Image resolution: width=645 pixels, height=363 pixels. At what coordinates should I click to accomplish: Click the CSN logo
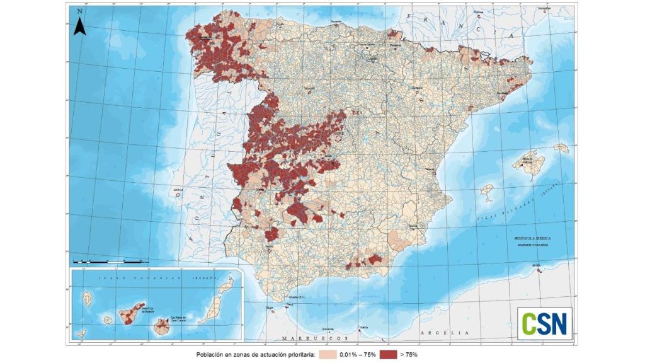coord(544,323)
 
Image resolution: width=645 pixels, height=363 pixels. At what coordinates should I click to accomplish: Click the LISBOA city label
coord(178,188)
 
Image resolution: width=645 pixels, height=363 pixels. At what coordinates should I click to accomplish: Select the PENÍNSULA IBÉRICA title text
coord(532,239)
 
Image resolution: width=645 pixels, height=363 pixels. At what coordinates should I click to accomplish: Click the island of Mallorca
coord(527,162)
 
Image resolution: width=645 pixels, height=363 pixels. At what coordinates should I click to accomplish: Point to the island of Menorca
coord(561,148)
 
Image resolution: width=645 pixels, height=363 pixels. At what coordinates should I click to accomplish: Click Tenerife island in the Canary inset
coord(131,313)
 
